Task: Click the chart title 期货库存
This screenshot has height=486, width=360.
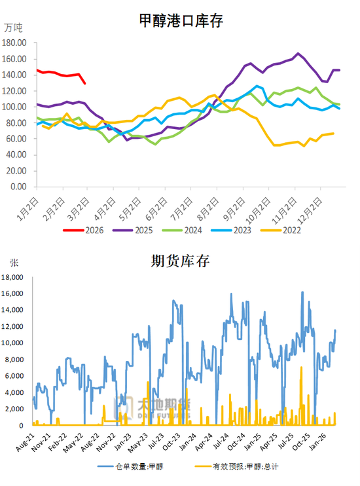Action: click(181, 261)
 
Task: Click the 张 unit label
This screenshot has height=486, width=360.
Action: click(14, 263)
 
